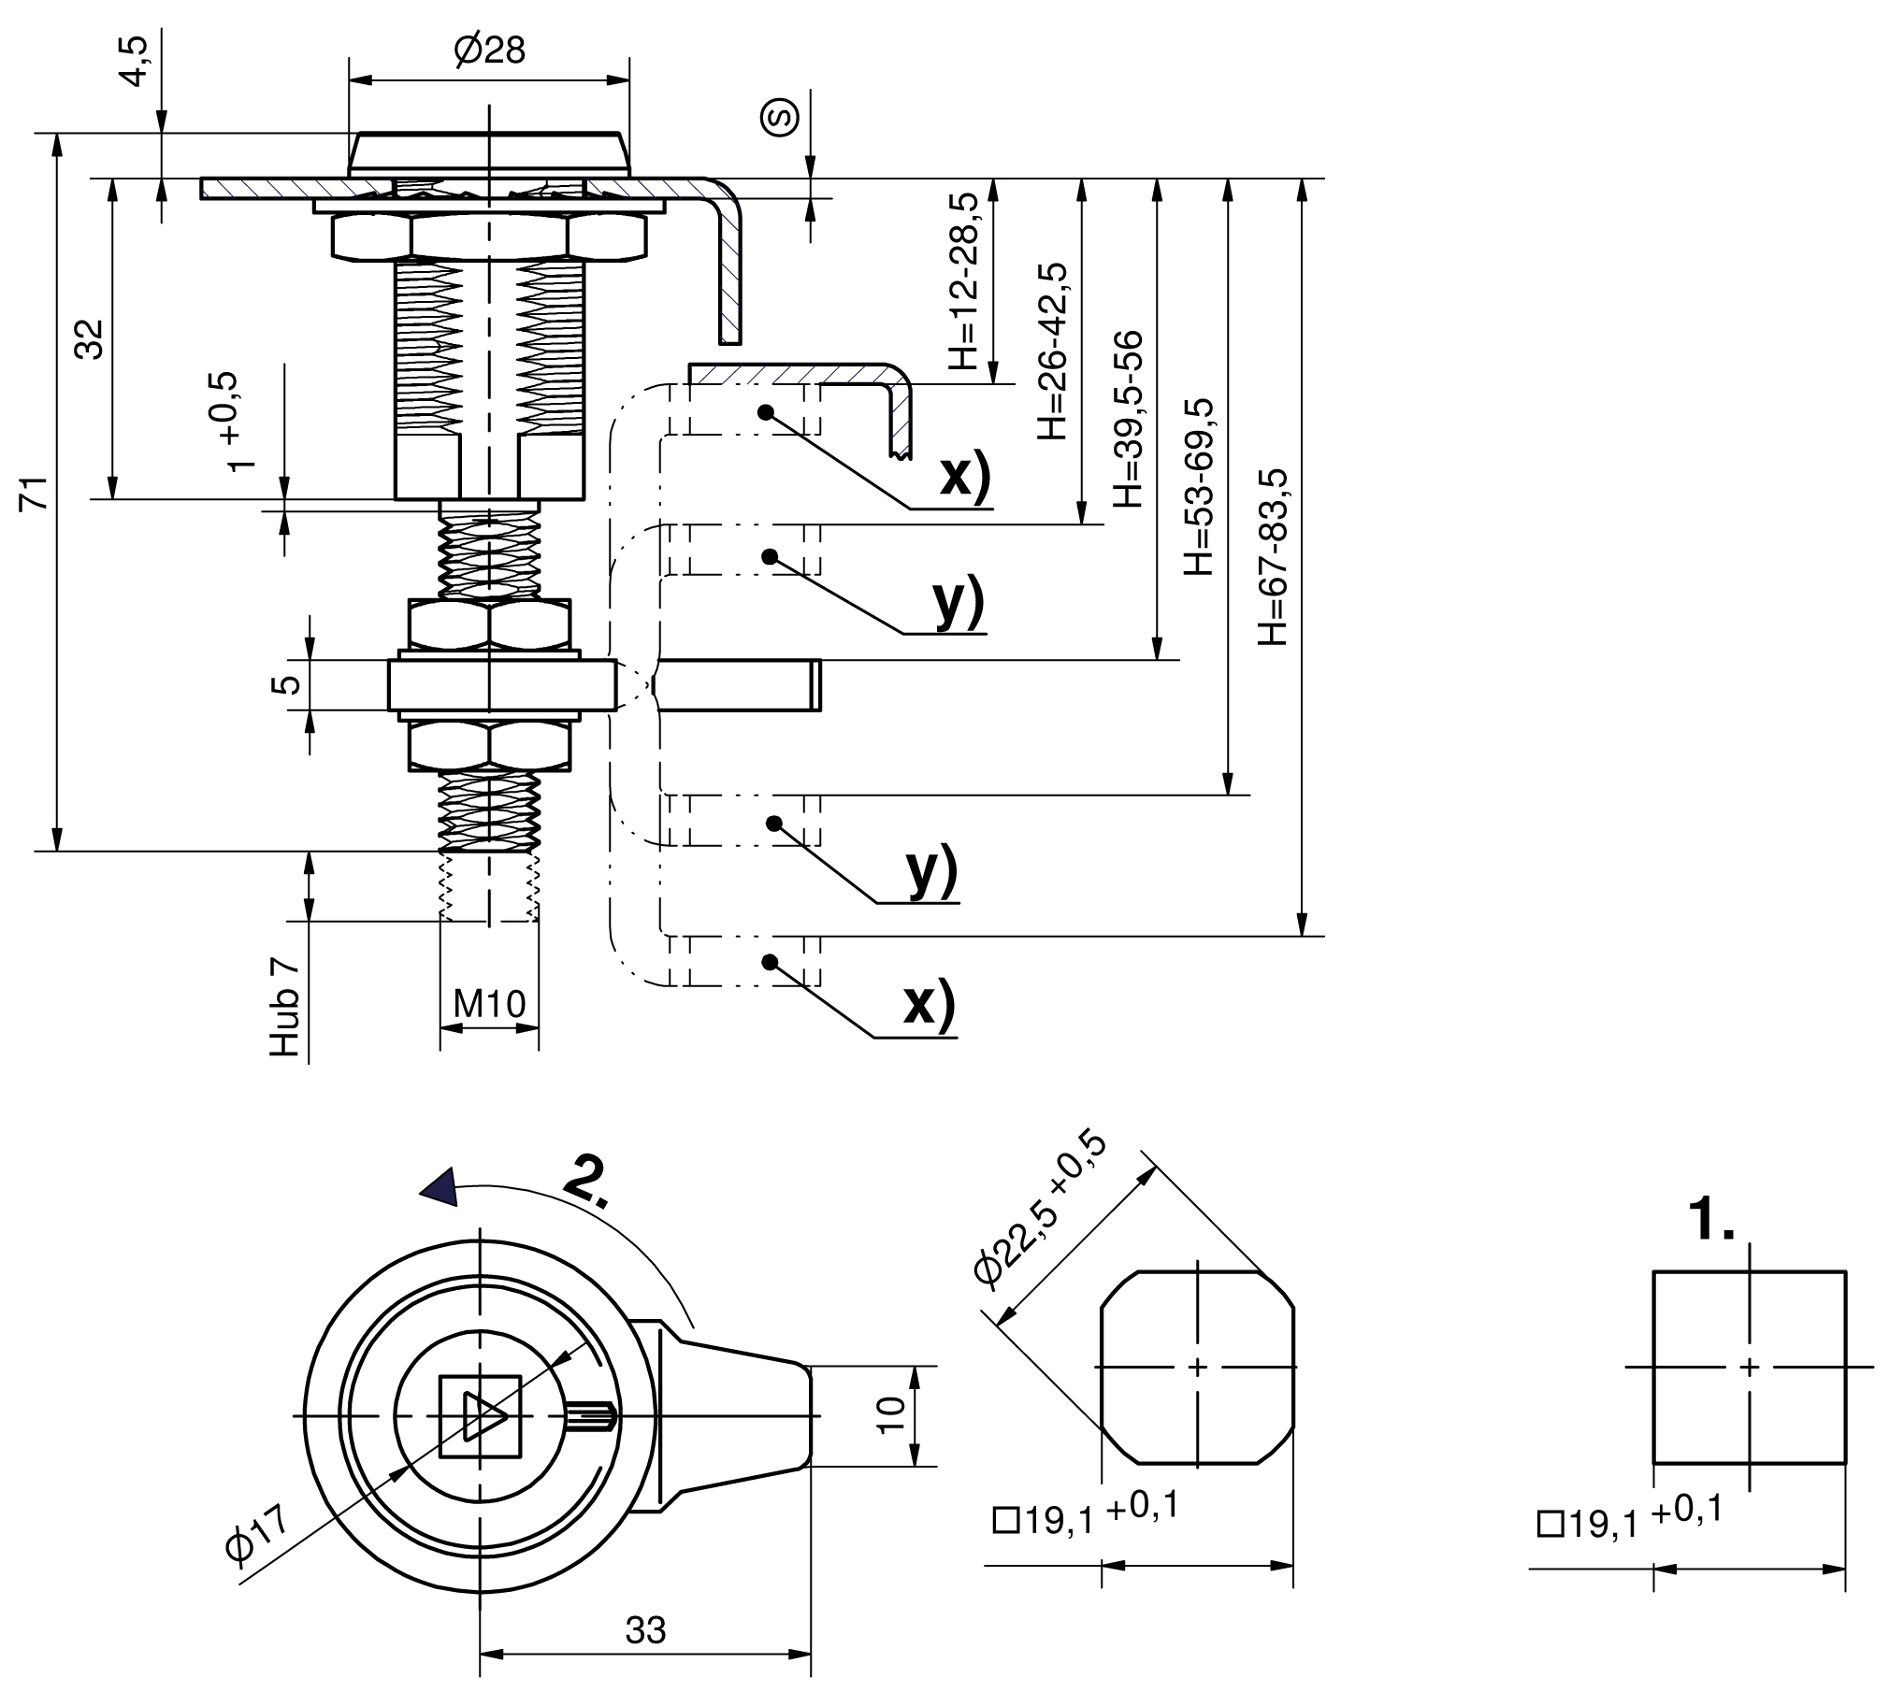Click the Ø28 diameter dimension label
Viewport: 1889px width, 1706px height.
(489, 50)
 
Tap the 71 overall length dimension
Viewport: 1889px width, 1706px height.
(35, 493)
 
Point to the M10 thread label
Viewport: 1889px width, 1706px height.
(489, 1004)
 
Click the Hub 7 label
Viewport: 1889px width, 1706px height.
(285, 1007)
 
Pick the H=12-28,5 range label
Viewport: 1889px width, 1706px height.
(962, 281)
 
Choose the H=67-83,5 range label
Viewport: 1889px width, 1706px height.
(1274, 556)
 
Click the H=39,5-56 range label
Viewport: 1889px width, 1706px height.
(1129, 419)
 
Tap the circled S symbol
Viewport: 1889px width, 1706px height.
(781, 116)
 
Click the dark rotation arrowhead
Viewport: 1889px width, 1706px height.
(440, 1187)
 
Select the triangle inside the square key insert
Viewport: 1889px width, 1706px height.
(483, 1415)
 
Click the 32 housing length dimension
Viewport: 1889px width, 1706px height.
(90, 338)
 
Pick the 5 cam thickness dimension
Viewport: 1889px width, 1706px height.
(290, 684)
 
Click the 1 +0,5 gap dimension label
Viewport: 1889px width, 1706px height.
(230, 422)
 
